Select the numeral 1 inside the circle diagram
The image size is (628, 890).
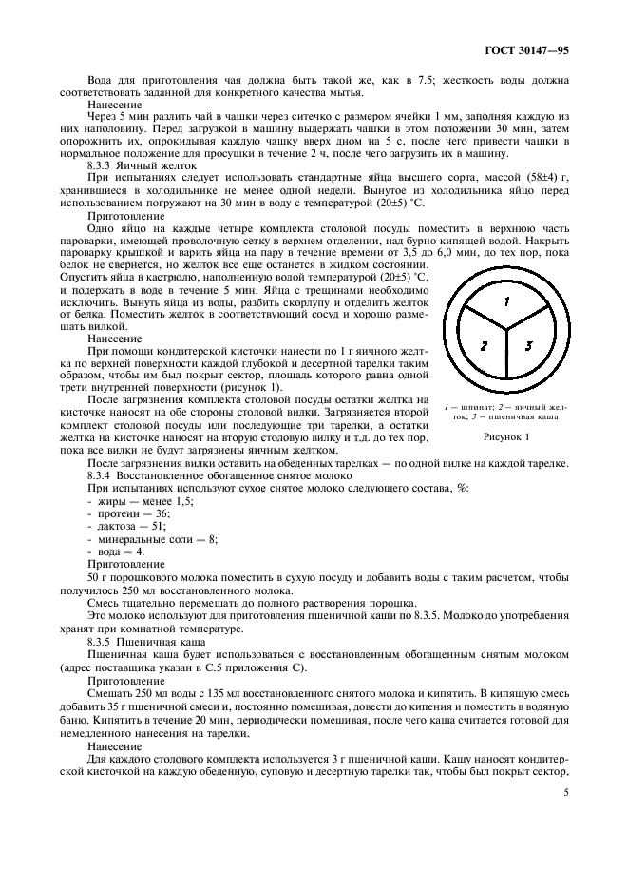click(507, 301)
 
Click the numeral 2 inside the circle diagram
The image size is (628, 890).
click(484, 346)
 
